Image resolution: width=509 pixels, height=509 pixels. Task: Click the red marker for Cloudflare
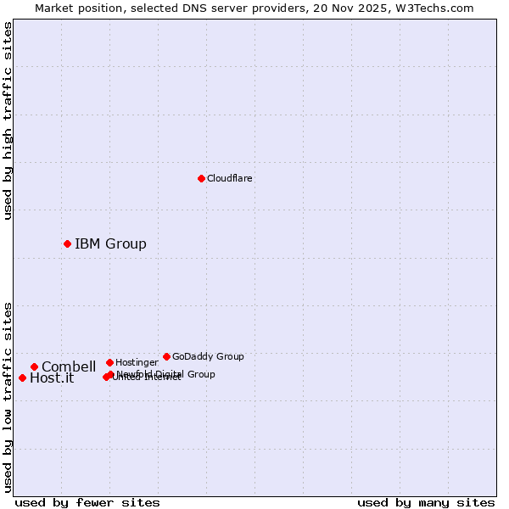[201, 178]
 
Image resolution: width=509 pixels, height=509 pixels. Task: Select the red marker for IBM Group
[67, 243]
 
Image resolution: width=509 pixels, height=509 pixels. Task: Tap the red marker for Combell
[34, 366]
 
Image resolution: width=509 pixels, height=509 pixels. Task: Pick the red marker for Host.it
[22, 378]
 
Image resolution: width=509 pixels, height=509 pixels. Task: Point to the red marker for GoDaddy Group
[166, 356]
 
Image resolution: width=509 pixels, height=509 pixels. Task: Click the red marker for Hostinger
[109, 362]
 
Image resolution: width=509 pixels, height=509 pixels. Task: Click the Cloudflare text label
[229, 178]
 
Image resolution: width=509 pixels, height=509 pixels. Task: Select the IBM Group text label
[110, 244]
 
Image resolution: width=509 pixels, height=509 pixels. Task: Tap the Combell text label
[69, 367]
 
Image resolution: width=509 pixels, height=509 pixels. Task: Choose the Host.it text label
[52, 378]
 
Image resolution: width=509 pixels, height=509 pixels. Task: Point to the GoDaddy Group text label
[208, 356]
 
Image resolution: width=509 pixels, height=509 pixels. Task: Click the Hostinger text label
[137, 362]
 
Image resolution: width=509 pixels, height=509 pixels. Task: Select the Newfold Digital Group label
[166, 373]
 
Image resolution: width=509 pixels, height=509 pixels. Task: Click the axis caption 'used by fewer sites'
[87, 502]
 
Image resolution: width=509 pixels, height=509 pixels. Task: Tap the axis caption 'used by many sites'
[426, 502]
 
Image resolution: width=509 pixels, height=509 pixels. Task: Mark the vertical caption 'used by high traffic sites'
[8, 120]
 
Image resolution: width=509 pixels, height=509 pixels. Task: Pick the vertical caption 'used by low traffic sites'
[8, 397]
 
